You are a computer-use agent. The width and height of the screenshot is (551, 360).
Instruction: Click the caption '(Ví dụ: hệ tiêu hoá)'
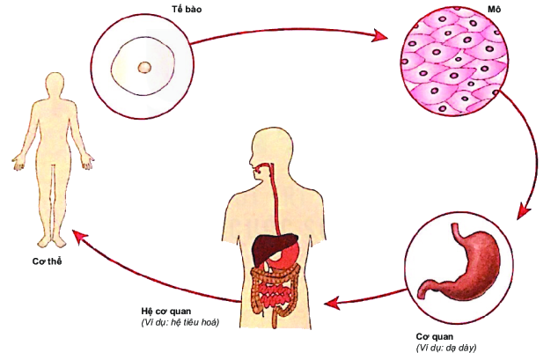(x=180, y=323)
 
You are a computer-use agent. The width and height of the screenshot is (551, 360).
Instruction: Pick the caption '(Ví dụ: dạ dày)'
(x=452, y=349)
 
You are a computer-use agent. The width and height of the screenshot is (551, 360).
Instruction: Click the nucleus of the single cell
(x=144, y=67)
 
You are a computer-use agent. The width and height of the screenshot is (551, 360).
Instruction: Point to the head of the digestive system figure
(x=268, y=150)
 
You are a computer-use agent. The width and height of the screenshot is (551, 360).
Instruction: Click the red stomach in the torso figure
(x=288, y=253)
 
